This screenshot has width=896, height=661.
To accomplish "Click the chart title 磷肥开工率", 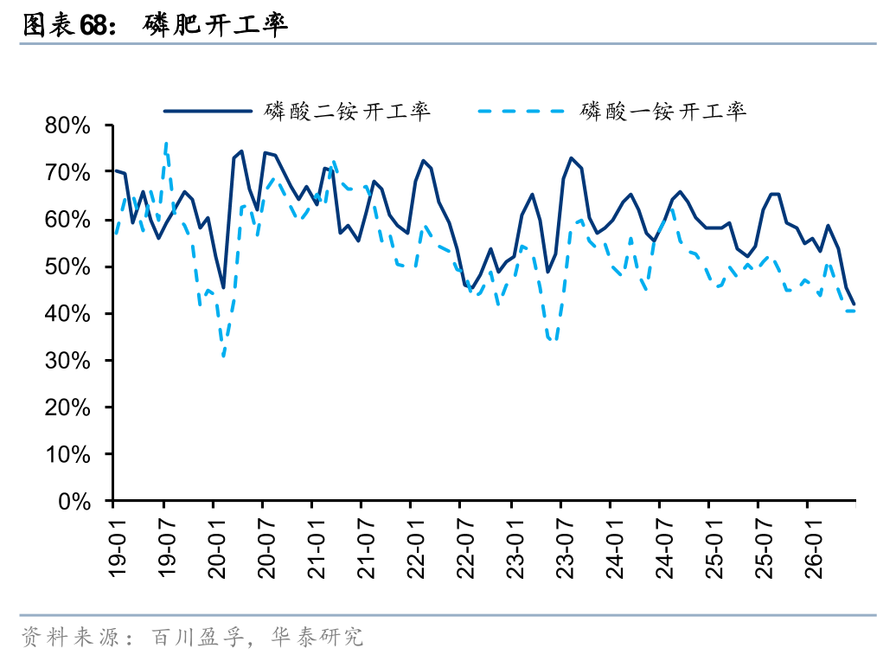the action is click(x=214, y=24).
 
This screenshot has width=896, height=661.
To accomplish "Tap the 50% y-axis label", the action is click(x=67, y=266).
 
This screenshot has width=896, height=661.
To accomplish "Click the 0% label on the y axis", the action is click(x=74, y=502).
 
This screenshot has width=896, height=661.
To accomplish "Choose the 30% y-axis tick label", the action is click(x=67, y=360).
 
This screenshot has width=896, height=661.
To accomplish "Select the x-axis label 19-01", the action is click(x=117, y=549).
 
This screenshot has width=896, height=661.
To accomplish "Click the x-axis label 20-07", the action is click(x=266, y=549).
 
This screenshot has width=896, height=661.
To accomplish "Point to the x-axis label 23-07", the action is click(x=565, y=549).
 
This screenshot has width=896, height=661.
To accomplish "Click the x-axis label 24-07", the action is click(x=664, y=549).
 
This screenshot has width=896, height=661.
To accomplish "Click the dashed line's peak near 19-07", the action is click(x=166, y=143).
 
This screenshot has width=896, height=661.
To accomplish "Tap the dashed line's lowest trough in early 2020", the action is click(x=223, y=356).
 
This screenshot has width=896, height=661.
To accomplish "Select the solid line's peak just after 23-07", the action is click(x=571, y=157).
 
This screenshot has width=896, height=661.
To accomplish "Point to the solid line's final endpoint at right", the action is click(x=854, y=305).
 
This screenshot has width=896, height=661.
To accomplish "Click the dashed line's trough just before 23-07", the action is click(x=552, y=340).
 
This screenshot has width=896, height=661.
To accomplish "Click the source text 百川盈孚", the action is click(x=198, y=637).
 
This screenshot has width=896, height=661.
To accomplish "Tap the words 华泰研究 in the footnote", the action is click(x=317, y=637).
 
